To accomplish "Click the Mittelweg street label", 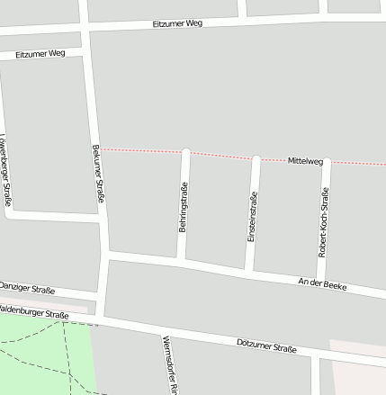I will (x=305, y=161).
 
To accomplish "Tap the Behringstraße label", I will (x=184, y=207).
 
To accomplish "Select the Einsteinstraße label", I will (x=255, y=219).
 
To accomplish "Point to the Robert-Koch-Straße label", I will (x=324, y=221).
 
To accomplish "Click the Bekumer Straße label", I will (x=98, y=173).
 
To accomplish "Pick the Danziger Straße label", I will (x=27, y=288).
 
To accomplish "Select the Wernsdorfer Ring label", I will (x=166, y=365).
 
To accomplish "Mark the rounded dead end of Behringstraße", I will (x=186, y=152).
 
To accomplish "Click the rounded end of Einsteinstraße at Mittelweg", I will (x=256, y=159).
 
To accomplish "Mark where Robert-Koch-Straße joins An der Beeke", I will (x=320, y=282).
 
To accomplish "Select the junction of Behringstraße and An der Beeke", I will (x=181, y=262).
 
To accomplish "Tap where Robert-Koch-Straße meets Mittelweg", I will (x=326, y=163).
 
